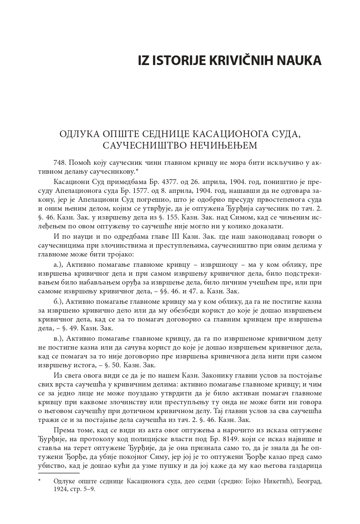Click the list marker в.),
pyautogui.click(x=59, y=338)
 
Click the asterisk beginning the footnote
pyautogui.click(x=40, y=481)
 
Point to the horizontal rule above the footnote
pyautogui.click(x=59, y=473)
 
